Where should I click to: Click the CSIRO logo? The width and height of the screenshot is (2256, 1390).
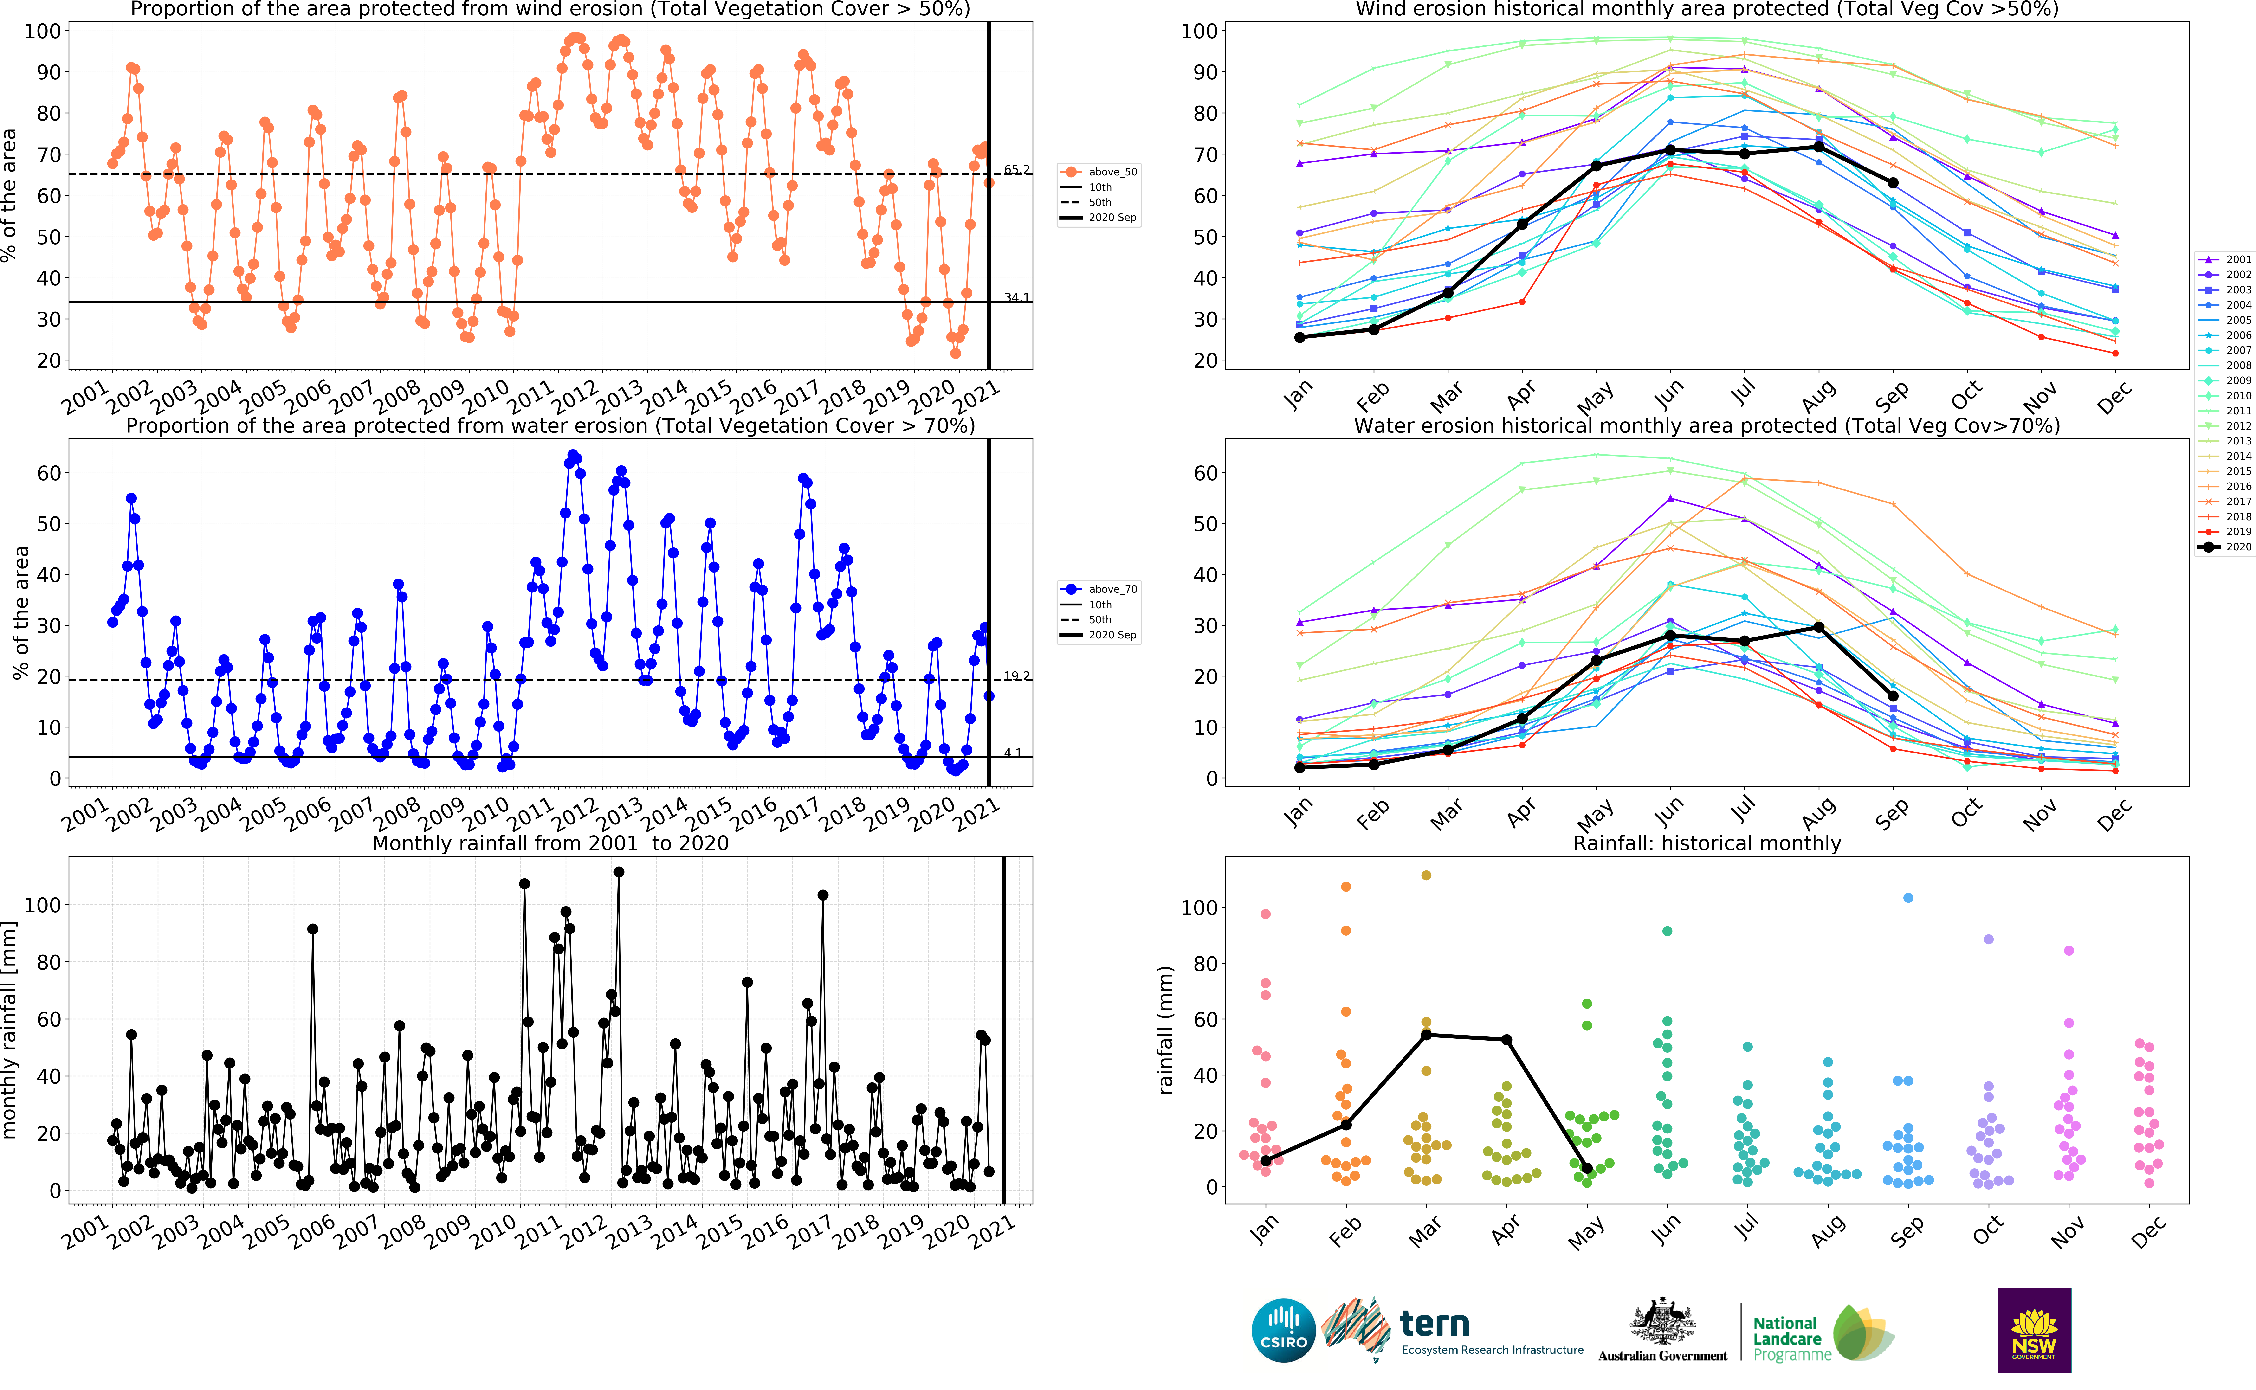click(x=1283, y=1330)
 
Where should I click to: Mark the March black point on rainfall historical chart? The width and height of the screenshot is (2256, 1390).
click(x=1426, y=1035)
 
